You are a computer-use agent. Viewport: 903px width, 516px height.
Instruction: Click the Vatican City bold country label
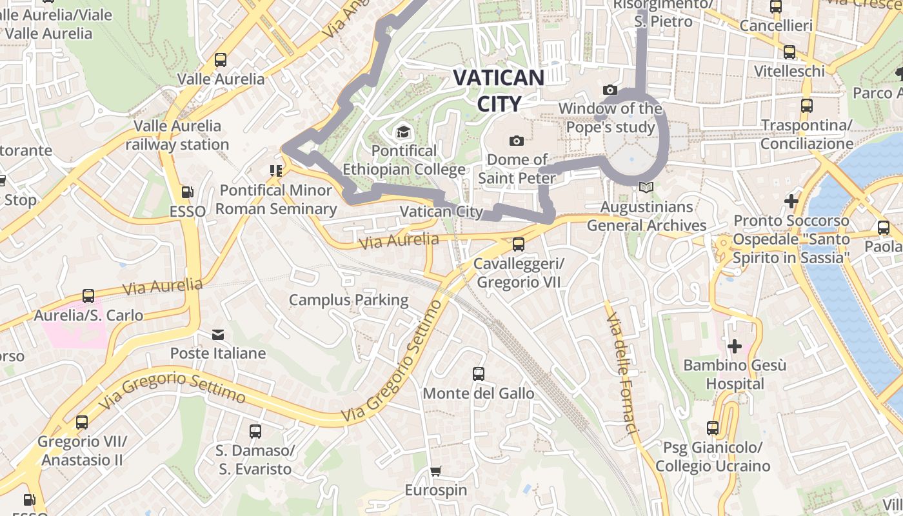click(x=499, y=90)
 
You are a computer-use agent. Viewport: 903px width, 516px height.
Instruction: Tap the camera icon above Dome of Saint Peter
click(x=516, y=141)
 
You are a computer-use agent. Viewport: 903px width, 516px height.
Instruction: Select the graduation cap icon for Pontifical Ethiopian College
click(x=403, y=132)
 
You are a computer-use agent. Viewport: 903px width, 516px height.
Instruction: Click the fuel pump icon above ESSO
click(x=187, y=192)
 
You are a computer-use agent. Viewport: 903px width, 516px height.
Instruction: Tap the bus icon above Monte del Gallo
click(x=478, y=374)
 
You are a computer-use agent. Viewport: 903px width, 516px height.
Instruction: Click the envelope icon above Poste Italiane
click(x=217, y=335)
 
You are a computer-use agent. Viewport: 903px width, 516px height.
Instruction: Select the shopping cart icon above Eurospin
click(x=436, y=471)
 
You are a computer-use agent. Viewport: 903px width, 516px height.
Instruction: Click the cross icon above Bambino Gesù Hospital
click(x=734, y=346)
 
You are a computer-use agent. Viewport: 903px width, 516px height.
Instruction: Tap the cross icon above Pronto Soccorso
click(x=791, y=201)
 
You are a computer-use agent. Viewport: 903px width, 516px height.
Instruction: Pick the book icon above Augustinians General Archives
click(x=646, y=188)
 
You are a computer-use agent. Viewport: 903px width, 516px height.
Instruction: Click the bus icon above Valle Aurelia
click(x=221, y=60)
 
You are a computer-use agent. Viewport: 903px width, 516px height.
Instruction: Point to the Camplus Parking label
click(x=348, y=300)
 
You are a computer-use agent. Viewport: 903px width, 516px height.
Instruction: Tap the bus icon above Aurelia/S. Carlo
click(x=88, y=296)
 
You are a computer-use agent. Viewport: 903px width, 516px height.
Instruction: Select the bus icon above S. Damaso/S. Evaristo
click(x=255, y=431)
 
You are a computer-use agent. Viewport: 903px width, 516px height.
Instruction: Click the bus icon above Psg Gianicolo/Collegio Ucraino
click(x=712, y=428)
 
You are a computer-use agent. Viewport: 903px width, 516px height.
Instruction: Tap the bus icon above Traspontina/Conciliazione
click(x=806, y=106)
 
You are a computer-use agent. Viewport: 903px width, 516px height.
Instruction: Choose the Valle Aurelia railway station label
click(x=177, y=135)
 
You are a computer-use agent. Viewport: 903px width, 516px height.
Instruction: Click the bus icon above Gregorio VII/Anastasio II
click(x=82, y=422)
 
